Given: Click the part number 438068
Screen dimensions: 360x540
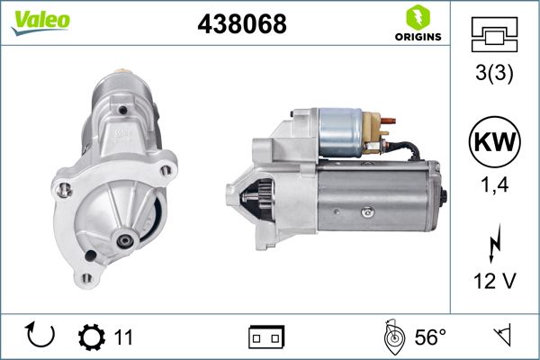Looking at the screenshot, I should coord(241,25).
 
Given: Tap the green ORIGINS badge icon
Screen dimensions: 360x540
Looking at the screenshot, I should coord(417,19).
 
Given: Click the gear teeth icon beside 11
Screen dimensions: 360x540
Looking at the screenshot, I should coord(91,337).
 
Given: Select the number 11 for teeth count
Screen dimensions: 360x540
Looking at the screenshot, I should coord(123,337).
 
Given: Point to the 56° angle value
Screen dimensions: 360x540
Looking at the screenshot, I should coord(430,337).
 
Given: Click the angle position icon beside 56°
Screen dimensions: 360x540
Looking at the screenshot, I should coord(391,336).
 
